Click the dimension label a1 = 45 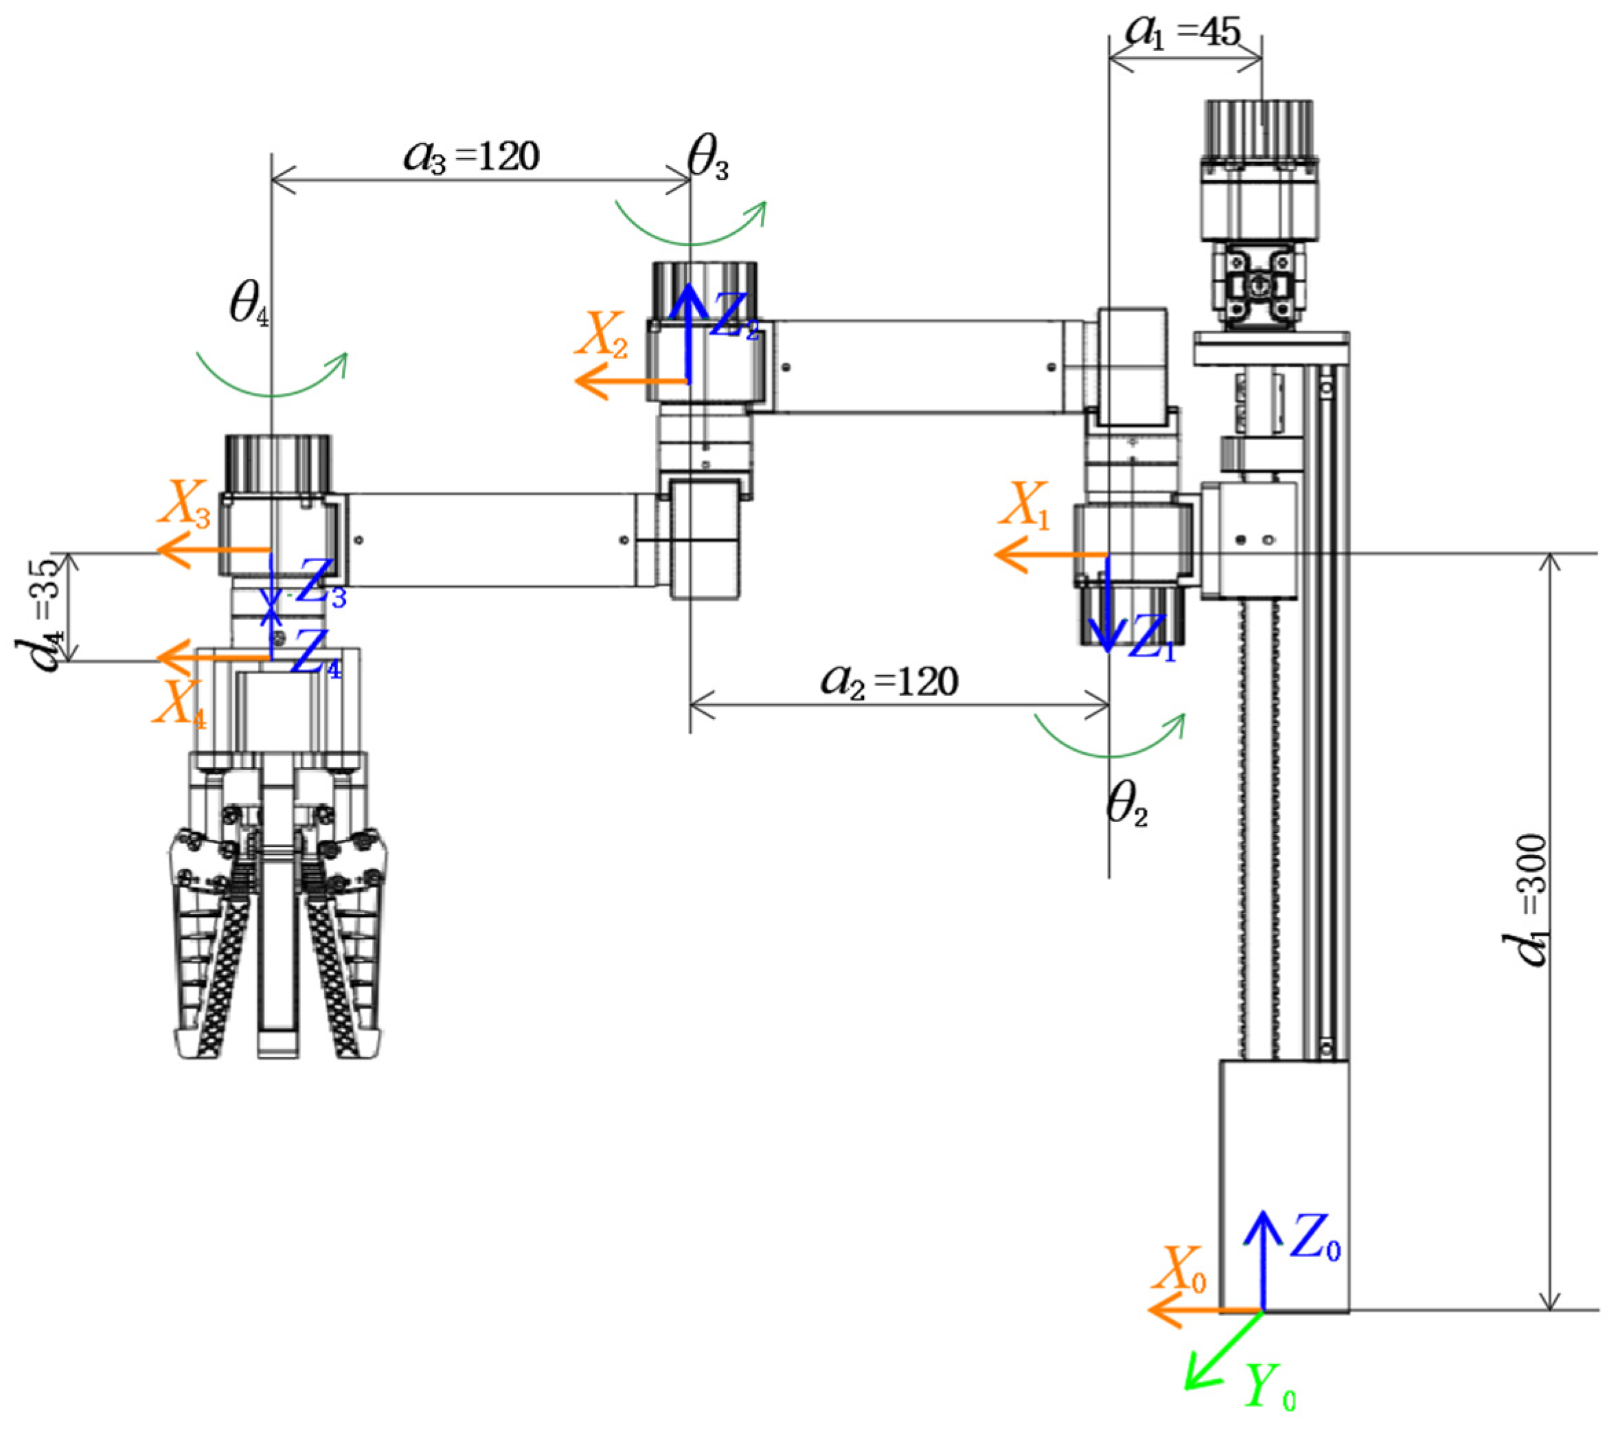coord(1183,32)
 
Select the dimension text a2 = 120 coord(890,681)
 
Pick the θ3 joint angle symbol coord(708,159)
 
